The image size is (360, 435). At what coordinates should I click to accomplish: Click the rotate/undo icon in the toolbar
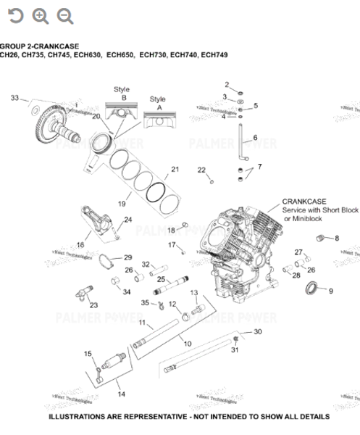pyautogui.click(x=15, y=15)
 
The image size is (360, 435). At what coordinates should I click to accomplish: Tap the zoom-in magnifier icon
pyautogui.click(x=41, y=15)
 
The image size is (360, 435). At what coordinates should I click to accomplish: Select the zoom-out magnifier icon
pyautogui.click(x=65, y=15)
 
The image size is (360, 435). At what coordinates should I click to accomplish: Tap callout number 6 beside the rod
pyautogui.click(x=254, y=137)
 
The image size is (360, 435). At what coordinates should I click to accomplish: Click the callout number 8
pyautogui.click(x=336, y=238)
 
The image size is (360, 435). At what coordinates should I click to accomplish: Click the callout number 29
pyautogui.click(x=127, y=257)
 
